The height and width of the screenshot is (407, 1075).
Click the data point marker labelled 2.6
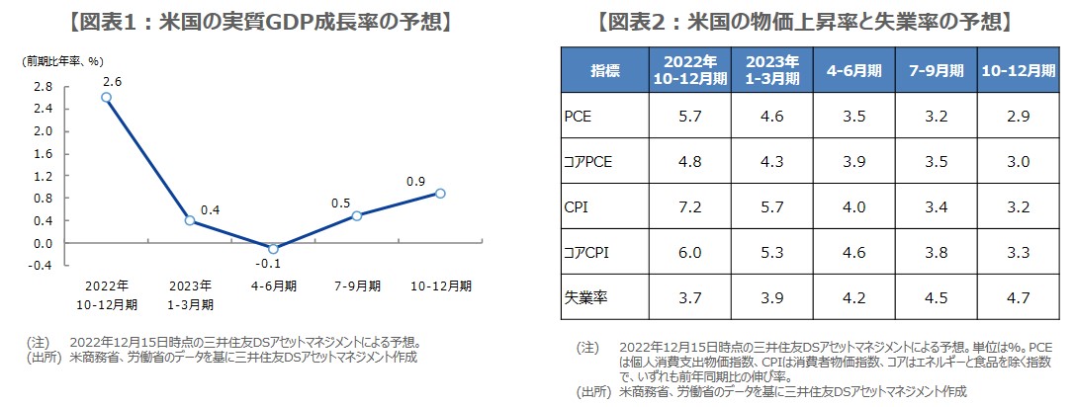click(106, 97)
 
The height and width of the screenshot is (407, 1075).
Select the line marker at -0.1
click(273, 248)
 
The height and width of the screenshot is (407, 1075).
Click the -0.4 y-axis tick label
click(41, 266)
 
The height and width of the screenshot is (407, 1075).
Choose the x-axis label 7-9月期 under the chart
click(356, 285)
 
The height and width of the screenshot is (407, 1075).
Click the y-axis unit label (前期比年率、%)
click(62, 60)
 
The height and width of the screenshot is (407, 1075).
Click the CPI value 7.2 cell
click(690, 207)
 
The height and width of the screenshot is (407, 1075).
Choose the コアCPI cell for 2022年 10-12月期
click(690, 253)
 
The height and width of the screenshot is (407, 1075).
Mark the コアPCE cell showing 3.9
click(854, 162)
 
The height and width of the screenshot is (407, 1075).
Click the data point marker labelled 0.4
click(190, 220)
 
